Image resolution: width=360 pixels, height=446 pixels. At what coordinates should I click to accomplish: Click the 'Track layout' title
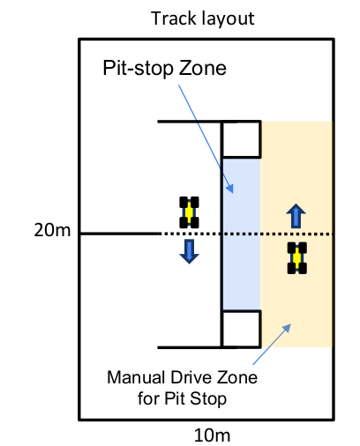pos(202,19)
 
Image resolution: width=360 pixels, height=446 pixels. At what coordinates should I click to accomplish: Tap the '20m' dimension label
pos(52,230)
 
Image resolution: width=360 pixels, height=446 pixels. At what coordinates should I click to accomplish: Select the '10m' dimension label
pos(212,435)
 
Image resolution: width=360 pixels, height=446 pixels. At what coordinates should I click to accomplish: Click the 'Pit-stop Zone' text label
pos(164,68)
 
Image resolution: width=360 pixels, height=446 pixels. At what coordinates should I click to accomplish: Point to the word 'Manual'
pos(136,377)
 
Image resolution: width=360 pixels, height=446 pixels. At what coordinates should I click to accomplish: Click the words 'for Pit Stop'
pos(182,398)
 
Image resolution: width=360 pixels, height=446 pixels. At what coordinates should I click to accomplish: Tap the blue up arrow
pos(296,216)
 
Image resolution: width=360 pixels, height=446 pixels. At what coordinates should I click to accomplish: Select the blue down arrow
pos(189,251)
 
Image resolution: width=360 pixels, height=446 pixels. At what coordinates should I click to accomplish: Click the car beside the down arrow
pos(189,212)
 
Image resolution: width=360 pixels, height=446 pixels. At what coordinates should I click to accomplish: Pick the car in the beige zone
pos(297,258)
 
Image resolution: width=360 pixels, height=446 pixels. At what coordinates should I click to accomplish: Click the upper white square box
pos(241,139)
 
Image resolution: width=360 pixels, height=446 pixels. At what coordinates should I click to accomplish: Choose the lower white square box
pos(241,329)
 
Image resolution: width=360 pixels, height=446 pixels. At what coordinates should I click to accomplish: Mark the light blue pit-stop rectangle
pos(242,234)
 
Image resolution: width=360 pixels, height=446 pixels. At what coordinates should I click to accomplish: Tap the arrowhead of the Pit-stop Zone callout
pos(230,189)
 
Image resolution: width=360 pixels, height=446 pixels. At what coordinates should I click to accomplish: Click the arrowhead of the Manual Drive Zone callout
pos(287,328)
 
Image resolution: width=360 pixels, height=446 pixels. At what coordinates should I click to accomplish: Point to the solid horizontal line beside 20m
pos(120,234)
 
